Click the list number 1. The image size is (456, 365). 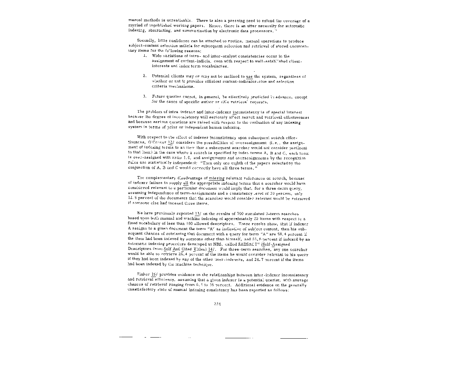145,56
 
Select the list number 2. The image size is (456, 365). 145,76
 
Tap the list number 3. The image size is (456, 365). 145,97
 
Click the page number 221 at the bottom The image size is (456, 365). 217,304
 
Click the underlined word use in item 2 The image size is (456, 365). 249,77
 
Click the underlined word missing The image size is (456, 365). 217,178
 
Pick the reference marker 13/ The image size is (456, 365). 198,214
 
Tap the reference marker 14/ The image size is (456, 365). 211,250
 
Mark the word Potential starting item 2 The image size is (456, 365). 161,76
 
